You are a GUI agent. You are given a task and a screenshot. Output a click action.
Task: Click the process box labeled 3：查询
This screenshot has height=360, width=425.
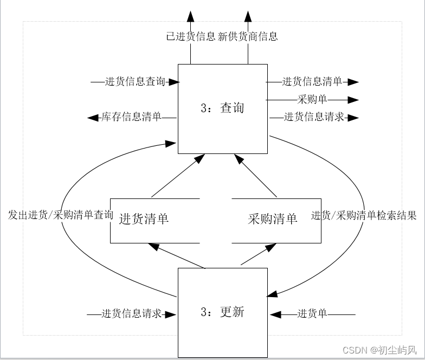[x=223, y=108]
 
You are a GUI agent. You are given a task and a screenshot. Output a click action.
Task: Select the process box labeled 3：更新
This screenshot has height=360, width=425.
[x=223, y=312]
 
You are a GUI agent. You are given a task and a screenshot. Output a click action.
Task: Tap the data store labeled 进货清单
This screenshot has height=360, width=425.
[x=144, y=219]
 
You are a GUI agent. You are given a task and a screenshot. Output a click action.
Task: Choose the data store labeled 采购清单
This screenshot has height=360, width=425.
[x=273, y=219]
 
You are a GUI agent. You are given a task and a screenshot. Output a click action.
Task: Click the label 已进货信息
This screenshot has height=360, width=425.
[x=190, y=37]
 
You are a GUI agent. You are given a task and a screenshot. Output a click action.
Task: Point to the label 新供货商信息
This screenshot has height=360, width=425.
[x=248, y=37]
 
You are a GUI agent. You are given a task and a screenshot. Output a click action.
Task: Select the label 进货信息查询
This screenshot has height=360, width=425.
[x=135, y=82]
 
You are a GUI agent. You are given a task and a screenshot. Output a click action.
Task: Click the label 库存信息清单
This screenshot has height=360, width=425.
[x=131, y=117]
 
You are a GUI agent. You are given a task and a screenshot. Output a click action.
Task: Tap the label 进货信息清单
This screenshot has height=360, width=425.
[x=312, y=82]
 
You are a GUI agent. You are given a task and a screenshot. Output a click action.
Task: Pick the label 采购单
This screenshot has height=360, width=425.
[x=312, y=100]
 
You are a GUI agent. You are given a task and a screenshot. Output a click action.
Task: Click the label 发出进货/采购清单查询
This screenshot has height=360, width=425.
[x=61, y=215]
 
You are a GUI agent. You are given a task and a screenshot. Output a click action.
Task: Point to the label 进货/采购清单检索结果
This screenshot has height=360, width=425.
[x=364, y=215]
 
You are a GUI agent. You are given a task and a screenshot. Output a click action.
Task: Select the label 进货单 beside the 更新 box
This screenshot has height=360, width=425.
[x=312, y=314]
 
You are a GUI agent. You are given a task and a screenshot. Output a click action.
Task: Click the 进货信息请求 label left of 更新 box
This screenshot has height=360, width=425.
[x=132, y=314]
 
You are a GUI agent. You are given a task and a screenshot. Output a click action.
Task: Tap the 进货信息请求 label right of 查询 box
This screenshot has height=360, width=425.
[x=314, y=117]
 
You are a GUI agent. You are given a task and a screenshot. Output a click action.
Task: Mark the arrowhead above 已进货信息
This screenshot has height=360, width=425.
[x=190, y=16]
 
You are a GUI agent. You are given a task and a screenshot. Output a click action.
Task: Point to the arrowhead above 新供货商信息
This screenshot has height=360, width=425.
[x=248, y=16]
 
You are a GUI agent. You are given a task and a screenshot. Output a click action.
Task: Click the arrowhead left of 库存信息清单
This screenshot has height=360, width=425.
[x=93, y=117]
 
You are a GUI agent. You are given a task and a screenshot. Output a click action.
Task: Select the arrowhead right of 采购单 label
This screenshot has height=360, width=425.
[x=353, y=100]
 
